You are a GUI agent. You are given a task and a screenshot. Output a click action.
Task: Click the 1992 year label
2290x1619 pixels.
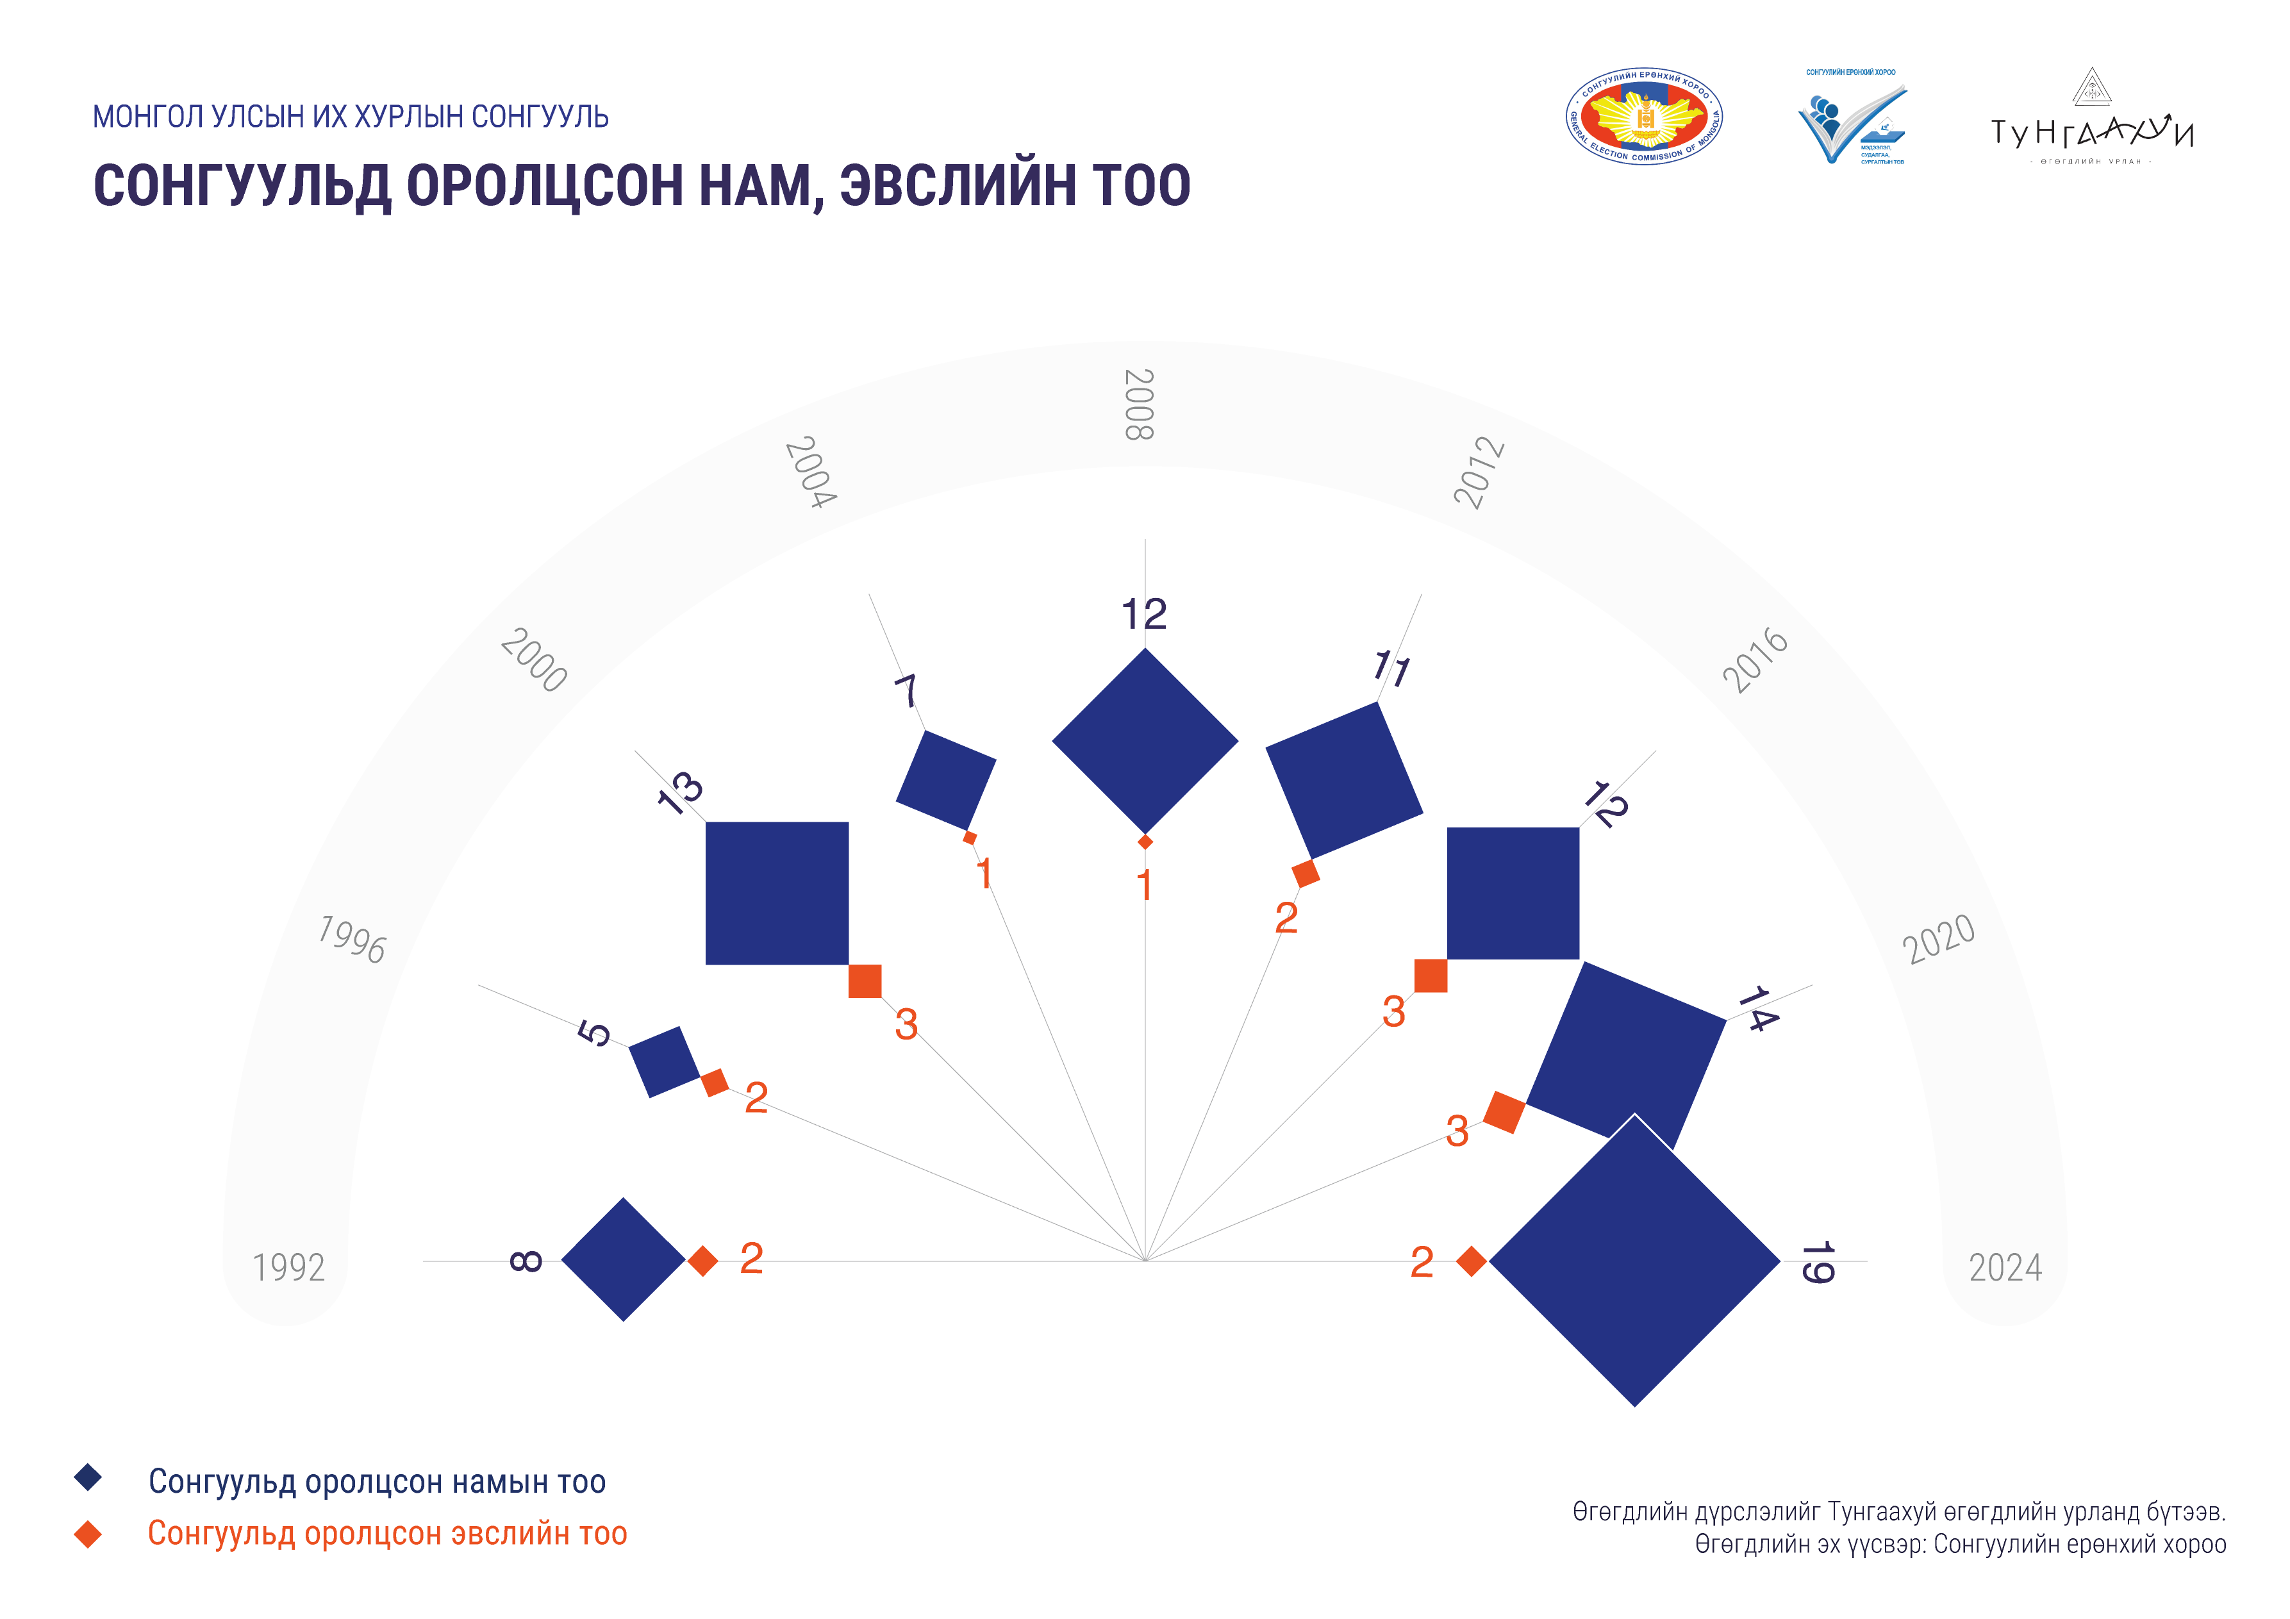click(x=288, y=1267)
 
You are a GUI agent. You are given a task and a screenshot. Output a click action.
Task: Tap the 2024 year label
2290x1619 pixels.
click(x=2005, y=1267)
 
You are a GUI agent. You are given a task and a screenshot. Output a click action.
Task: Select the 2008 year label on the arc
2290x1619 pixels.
click(x=1139, y=404)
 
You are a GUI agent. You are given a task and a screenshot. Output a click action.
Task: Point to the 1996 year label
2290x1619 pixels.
click(x=352, y=939)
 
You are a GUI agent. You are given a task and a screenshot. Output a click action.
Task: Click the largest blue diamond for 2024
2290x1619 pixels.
click(x=1635, y=1261)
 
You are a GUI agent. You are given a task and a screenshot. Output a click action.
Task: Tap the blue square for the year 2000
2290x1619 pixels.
click(x=777, y=893)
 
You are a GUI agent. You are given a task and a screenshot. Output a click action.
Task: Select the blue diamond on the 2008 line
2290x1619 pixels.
click(x=1145, y=741)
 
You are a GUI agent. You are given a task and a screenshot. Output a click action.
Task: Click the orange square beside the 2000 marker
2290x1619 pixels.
click(x=865, y=981)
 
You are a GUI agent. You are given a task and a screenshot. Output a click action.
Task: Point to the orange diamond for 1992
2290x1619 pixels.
click(x=703, y=1261)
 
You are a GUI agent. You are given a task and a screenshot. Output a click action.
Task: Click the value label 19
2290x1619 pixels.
click(x=1817, y=1263)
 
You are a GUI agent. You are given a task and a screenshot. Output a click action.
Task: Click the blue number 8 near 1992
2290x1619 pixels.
click(x=526, y=1261)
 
